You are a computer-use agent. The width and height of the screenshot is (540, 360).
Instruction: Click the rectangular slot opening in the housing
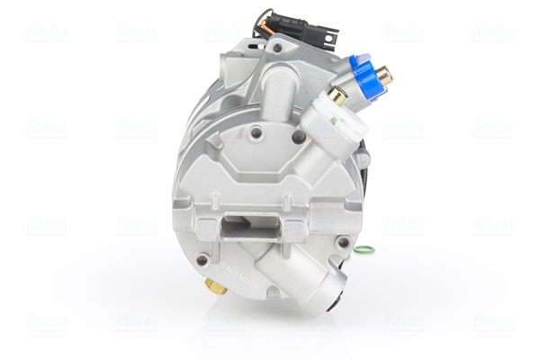[x=241, y=222]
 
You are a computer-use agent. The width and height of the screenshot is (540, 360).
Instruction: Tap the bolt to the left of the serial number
[x=203, y=260]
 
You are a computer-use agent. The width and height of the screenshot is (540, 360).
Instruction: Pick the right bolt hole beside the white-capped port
[x=299, y=137]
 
